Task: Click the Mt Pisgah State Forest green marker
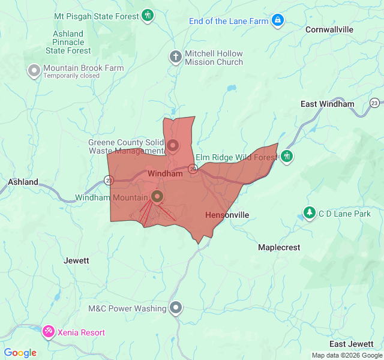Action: coord(148,16)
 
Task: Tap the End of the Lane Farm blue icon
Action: coord(277,20)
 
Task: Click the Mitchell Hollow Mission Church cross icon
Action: coord(175,57)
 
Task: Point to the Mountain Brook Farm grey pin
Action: coord(34,71)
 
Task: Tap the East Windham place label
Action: coord(327,104)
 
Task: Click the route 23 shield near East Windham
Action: coord(375,103)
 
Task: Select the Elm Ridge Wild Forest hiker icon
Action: coord(287,156)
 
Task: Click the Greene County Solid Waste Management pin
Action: coord(173,145)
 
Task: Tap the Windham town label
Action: coord(164,173)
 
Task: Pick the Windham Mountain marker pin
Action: coord(157,196)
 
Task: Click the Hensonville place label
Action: coord(227,215)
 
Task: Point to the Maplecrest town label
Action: coord(278,247)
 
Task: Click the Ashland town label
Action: coord(23,182)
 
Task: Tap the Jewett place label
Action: coord(76,260)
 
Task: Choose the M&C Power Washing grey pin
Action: coord(175,308)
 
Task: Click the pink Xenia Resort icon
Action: coord(48,331)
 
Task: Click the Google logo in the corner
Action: coord(20,353)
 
